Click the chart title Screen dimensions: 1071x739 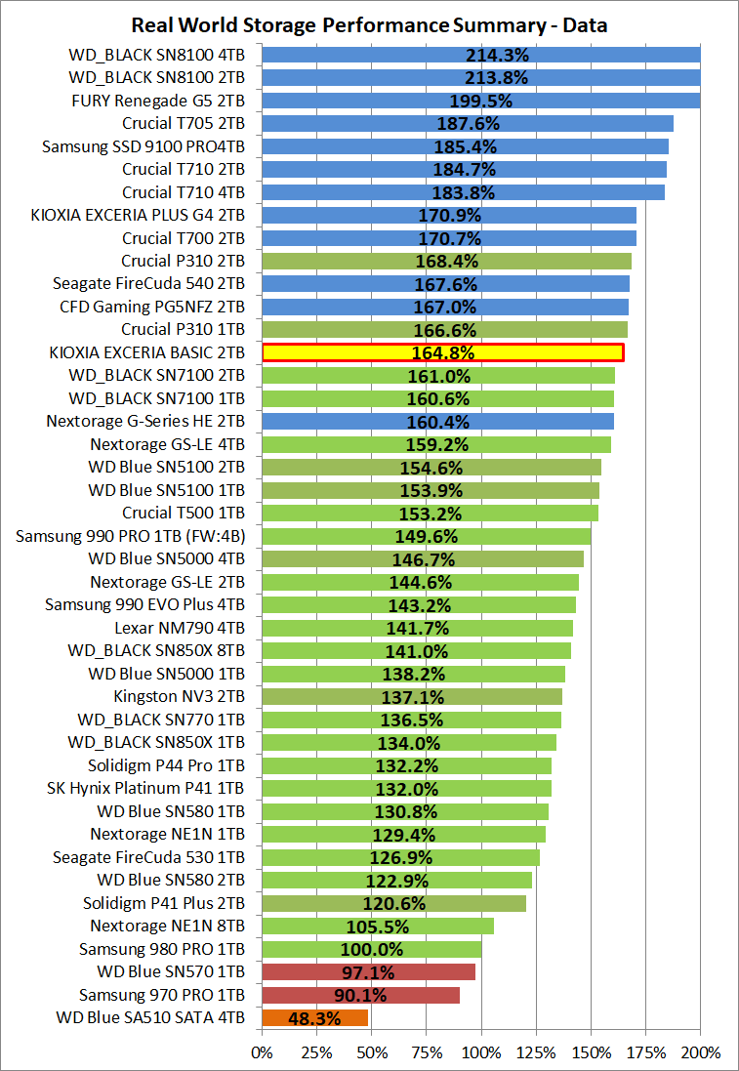coord(369,25)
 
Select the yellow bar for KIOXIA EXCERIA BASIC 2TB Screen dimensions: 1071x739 coord(442,352)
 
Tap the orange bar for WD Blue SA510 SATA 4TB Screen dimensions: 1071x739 coord(315,1018)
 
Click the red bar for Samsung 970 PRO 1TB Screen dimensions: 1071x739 coord(360,996)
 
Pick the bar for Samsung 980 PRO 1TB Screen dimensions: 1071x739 coord(372,949)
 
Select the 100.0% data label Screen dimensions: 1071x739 coord(372,949)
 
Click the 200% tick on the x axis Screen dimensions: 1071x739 coord(700,1052)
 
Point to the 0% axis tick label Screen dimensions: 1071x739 coord(262,1052)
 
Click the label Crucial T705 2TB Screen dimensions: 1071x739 coord(184,124)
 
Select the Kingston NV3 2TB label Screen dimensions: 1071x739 coord(180,697)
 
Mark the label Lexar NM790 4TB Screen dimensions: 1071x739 coord(180,629)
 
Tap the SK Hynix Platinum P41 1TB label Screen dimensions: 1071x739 coord(146,789)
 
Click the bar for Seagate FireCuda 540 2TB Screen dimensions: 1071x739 coord(445,284)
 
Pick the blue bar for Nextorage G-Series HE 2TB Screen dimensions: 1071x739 coord(438,422)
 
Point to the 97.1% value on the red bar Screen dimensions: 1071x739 coord(368,972)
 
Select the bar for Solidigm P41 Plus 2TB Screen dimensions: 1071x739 coord(394,903)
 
